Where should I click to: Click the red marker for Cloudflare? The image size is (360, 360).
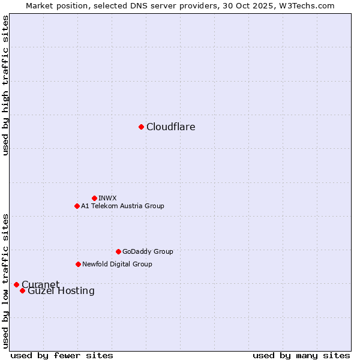141,127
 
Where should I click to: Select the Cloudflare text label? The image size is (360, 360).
170,127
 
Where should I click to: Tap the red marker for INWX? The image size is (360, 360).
94,198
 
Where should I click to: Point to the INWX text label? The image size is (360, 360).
107,198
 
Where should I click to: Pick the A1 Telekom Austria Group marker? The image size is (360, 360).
77,206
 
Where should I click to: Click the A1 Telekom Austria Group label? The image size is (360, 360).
122,206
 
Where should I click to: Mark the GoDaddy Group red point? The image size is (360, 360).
118,251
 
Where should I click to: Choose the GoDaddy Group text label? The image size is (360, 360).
147,251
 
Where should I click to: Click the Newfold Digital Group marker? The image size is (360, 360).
78,264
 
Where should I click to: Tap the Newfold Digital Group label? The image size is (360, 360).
117,264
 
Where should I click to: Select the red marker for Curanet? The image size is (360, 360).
16,284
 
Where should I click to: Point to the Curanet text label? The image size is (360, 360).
40,284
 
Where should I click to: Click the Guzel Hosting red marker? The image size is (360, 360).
22,291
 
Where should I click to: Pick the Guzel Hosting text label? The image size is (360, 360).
61,291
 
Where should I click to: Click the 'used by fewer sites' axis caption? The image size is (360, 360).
62,355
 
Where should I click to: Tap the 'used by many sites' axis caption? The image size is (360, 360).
301,355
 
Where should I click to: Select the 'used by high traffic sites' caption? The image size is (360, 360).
5,86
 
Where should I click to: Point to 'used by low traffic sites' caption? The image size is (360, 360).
5,280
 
